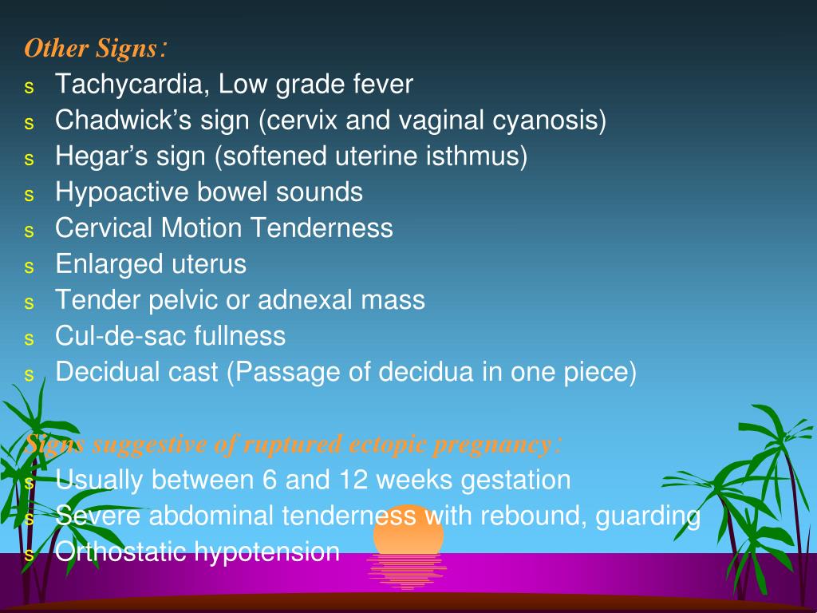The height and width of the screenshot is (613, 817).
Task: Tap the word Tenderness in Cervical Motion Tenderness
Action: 322,227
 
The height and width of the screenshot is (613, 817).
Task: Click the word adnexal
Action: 305,300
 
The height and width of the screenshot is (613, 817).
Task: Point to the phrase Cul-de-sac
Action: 120,336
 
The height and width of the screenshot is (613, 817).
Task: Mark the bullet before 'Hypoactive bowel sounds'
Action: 30,195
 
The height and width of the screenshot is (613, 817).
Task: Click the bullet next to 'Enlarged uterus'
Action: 30,267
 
